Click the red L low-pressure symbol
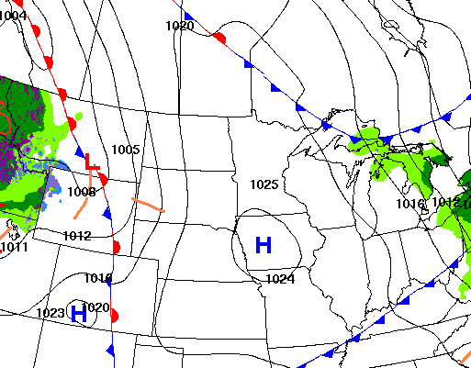(91, 162)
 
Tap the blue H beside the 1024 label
(264, 245)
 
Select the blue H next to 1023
(80, 314)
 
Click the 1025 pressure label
(264, 184)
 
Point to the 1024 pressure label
(280, 278)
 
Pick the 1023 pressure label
(50, 313)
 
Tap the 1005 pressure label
(125, 150)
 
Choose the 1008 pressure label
(81, 192)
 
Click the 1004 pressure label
(13, 16)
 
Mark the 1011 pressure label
(14, 247)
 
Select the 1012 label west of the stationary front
(77, 236)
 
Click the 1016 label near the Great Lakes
(411, 203)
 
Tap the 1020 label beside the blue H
(95, 307)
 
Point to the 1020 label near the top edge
(180, 26)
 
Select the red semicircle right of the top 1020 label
(219, 38)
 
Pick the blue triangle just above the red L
(80, 151)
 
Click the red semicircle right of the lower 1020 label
(115, 315)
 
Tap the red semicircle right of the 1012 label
(117, 246)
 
